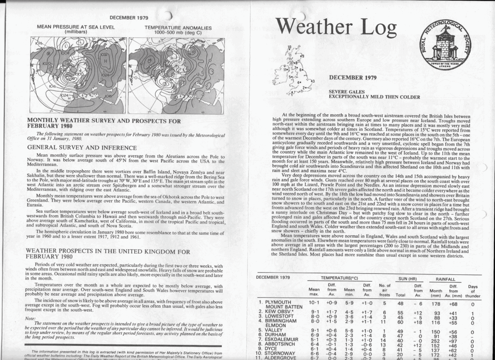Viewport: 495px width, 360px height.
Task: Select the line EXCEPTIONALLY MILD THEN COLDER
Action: point(367,96)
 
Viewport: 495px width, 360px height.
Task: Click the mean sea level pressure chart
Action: point(78,75)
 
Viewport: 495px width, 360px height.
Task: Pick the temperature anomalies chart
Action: point(176,75)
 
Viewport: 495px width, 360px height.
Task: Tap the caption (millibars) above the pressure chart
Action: point(76,32)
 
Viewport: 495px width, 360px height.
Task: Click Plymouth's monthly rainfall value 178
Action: point(436,303)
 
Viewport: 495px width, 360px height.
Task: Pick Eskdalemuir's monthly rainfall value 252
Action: point(436,340)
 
